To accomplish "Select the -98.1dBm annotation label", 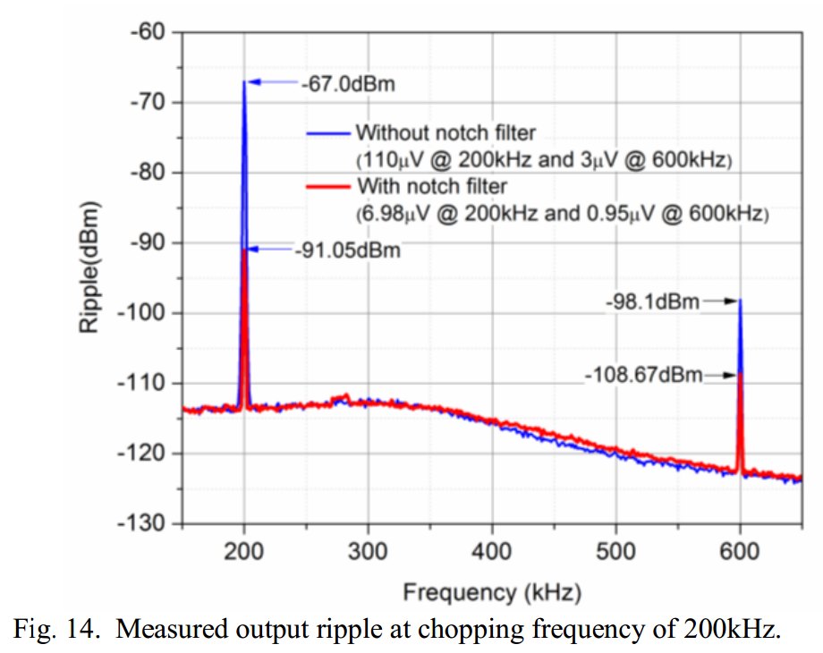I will pos(652,302).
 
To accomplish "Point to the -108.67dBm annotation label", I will pos(642,375).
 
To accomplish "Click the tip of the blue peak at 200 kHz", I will pos(243,81).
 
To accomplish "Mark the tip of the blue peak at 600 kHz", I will pos(740,301).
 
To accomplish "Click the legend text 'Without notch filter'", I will pos(445,133).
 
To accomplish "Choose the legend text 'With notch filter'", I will pos(431,186).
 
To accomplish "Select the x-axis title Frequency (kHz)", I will pos(491,591).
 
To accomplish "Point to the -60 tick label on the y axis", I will pos(148,32).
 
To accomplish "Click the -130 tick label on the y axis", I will pos(142,523).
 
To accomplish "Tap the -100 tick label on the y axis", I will pos(142,313).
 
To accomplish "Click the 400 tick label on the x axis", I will pos(491,550).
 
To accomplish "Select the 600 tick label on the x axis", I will pos(740,550).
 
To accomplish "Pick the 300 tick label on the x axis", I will pos(368,550).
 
